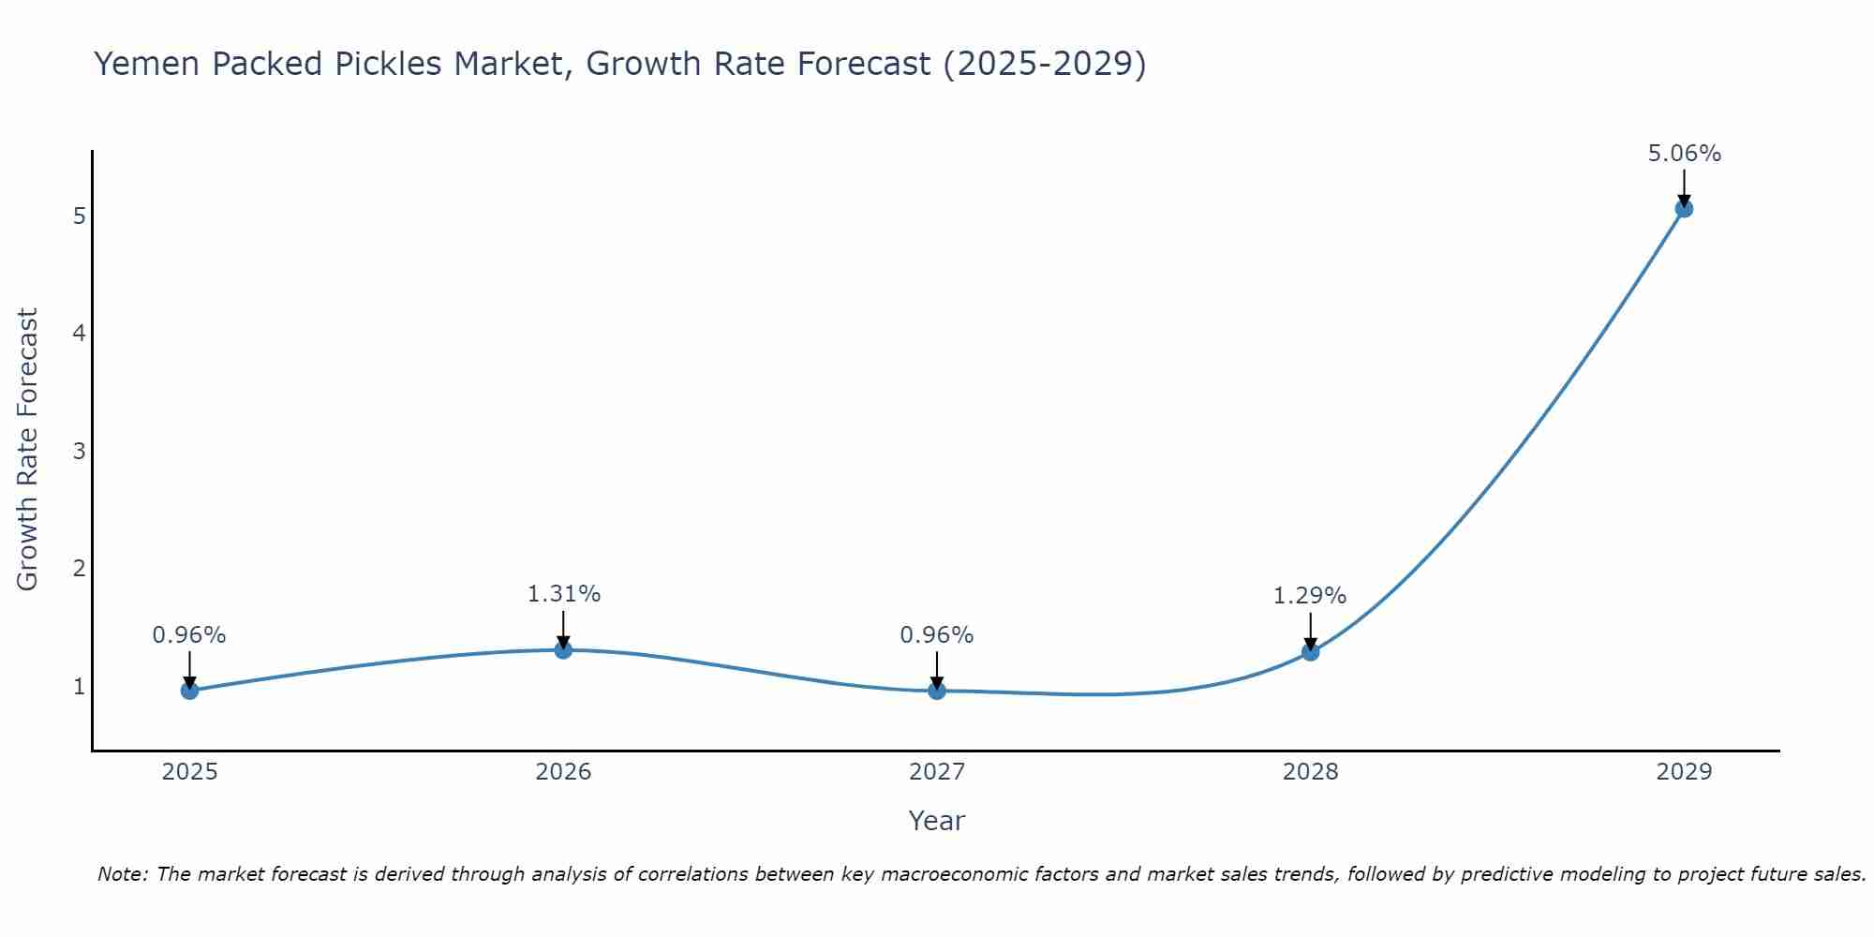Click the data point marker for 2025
tap(189, 691)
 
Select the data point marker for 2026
tap(563, 649)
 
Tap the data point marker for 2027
tap(937, 691)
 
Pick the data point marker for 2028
tap(1310, 651)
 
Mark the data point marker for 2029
tap(1684, 208)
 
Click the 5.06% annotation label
tap(1684, 154)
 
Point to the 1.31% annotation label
tap(563, 594)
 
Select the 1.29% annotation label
tap(1309, 596)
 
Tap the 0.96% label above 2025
tap(189, 635)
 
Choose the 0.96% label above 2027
tap(936, 635)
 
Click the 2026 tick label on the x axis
tap(563, 772)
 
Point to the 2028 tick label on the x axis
tap(1310, 772)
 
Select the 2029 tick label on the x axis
tap(1684, 772)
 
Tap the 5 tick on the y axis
tap(79, 216)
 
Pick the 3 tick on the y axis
tap(79, 452)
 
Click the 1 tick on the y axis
tap(79, 687)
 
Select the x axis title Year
tap(936, 821)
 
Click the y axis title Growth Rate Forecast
tap(28, 450)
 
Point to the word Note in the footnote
tap(122, 874)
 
